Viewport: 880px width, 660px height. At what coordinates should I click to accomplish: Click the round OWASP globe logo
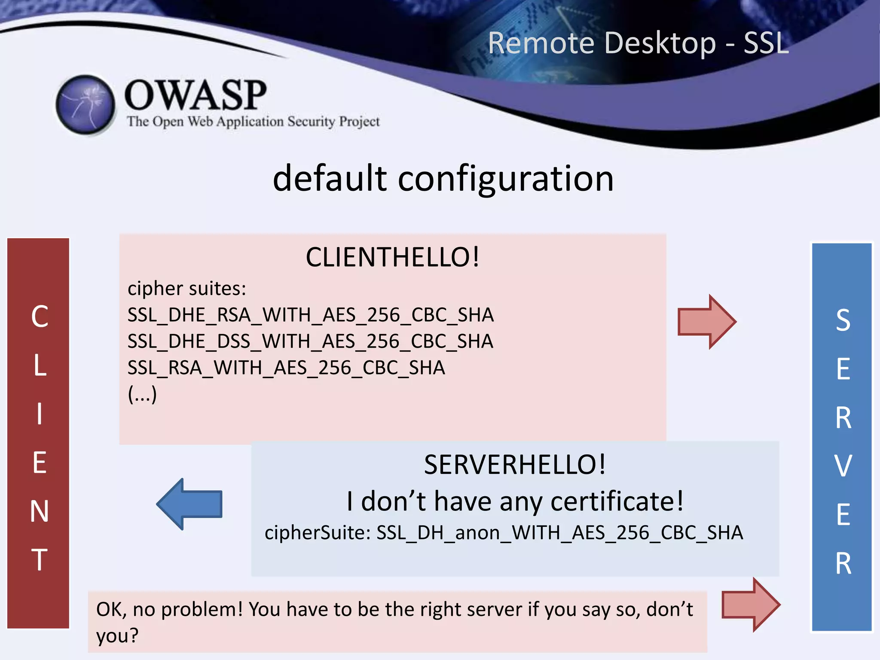(86, 105)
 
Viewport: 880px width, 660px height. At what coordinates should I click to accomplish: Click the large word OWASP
(196, 95)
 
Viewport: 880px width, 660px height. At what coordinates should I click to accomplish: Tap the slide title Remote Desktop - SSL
(638, 43)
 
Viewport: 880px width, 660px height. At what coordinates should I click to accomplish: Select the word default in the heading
(330, 178)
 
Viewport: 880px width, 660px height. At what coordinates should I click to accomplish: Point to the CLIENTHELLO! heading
(392, 257)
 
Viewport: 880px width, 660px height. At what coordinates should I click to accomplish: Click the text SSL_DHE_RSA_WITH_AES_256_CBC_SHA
(310, 315)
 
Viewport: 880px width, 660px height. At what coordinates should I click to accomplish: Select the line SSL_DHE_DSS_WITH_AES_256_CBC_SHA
(310, 342)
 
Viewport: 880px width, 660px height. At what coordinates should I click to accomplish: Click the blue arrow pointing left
(189, 504)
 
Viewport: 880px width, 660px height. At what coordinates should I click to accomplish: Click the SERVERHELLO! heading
(515, 465)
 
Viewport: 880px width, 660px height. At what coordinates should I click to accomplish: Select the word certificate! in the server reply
(617, 501)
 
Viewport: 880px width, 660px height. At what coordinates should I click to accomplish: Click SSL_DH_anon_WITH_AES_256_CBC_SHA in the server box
(559, 533)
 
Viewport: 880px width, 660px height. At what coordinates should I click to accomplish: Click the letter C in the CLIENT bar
(40, 317)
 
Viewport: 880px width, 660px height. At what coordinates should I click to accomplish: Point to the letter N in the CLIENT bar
(40, 512)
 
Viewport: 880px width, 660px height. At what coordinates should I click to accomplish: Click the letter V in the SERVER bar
(843, 466)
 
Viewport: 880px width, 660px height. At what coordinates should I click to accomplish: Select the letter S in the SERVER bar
(843, 321)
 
